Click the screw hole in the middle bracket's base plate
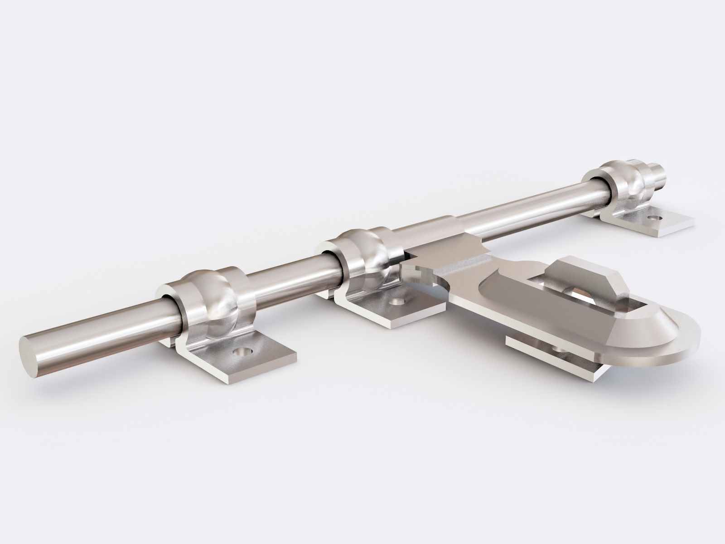click(x=398, y=301)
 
